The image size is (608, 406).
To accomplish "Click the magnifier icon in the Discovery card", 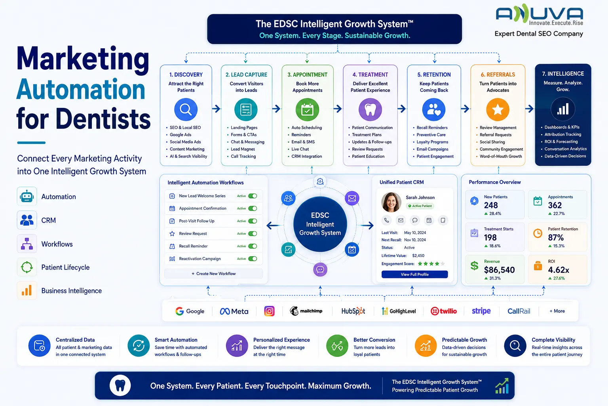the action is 186,109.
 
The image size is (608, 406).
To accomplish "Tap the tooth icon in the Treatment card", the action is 370,109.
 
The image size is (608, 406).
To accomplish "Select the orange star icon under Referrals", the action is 498,109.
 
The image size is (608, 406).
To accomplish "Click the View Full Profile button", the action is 414,274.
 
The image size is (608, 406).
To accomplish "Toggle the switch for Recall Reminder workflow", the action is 253,246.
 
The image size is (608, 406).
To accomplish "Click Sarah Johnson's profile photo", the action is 391,202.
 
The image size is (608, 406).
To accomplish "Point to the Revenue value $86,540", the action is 499,270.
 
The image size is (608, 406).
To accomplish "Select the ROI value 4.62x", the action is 559,270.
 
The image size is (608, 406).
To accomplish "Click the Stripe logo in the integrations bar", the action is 481,311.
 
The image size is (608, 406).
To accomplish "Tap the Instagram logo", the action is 269,311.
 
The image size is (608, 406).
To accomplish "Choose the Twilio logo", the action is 443,311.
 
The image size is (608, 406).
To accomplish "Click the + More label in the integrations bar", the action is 557,311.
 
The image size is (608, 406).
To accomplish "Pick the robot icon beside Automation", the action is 27,196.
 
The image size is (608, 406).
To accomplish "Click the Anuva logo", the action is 540,14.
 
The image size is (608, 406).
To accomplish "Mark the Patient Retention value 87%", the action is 556,237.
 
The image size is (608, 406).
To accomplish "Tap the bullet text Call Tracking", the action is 243,156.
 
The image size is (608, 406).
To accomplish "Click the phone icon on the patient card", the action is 386,220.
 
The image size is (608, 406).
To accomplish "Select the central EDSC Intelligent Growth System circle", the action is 320,224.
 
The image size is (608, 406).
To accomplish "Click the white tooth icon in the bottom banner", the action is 120,386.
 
